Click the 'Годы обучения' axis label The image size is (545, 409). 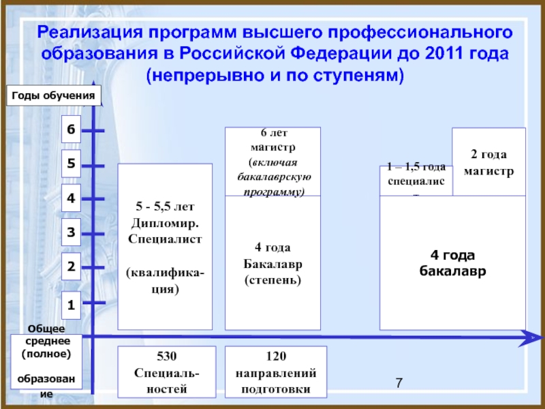(54, 97)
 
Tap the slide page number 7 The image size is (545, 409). (400, 385)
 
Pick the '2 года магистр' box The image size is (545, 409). (488, 162)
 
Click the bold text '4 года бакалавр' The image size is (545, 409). (452, 262)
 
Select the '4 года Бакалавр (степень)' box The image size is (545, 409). (272, 262)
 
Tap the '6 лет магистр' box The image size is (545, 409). (272, 162)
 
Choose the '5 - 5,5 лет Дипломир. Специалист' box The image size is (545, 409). (165, 245)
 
